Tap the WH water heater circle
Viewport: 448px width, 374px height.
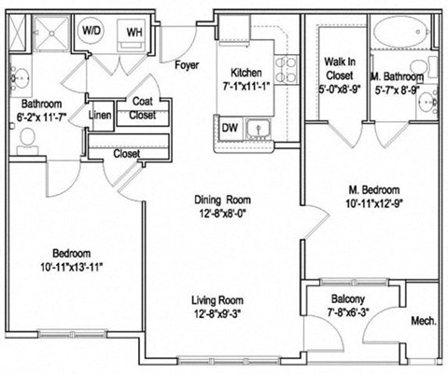tap(134, 31)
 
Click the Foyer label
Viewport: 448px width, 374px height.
tap(189, 64)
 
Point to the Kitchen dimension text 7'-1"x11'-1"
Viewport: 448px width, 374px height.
tap(246, 86)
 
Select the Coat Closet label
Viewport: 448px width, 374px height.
tap(143, 109)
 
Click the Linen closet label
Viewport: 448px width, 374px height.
tap(100, 117)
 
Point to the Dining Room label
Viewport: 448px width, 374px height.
tap(222, 200)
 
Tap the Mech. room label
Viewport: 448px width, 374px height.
tap(424, 322)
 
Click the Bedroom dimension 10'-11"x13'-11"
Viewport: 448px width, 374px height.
tap(71, 267)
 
